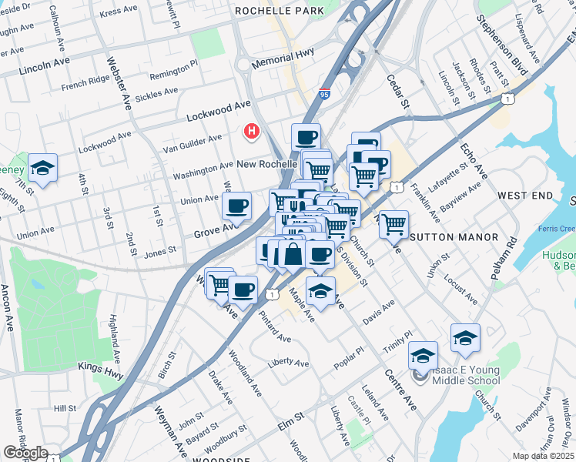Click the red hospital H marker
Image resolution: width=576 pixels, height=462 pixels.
click(x=251, y=132)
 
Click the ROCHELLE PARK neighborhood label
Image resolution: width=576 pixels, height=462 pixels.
click(x=279, y=12)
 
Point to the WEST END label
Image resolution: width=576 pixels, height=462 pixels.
click(x=525, y=196)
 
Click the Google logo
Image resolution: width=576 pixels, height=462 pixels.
click(x=25, y=453)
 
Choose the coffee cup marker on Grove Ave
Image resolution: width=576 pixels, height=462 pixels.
click(x=236, y=206)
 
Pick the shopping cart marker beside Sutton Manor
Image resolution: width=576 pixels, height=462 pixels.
click(x=393, y=224)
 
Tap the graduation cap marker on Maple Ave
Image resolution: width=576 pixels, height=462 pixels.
click(x=320, y=291)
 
